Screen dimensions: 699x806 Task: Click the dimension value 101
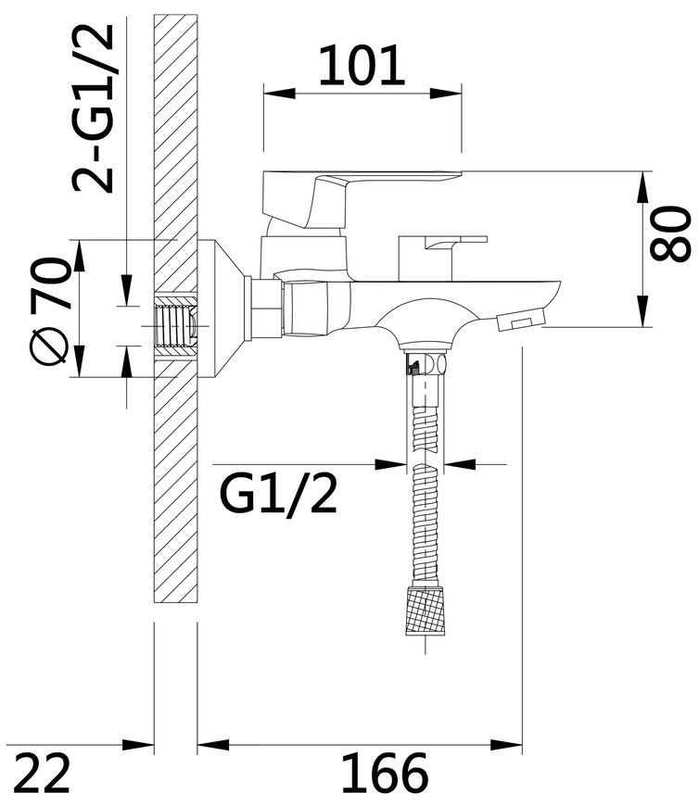pyautogui.click(x=362, y=65)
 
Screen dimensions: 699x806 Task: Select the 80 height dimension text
pyautogui.click(x=670, y=233)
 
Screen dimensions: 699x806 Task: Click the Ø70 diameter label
pyautogui.click(x=49, y=310)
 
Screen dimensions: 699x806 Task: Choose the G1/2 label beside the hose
pyautogui.click(x=278, y=493)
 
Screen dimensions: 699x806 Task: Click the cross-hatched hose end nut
pyautogui.click(x=425, y=610)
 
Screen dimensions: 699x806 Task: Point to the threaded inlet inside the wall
pyautogui.click(x=175, y=326)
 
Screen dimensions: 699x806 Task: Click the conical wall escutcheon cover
pyautogui.click(x=222, y=309)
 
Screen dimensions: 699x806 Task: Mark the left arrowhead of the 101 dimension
pyautogui.click(x=279, y=94)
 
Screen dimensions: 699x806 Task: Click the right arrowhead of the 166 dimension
pyautogui.click(x=506, y=744)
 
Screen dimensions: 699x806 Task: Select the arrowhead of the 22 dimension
pyautogui.click(x=138, y=744)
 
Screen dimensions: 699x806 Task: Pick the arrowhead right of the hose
pyautogui.click(x=459, y=464)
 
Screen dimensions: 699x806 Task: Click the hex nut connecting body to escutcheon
pyautogui.click(x=266, y=309)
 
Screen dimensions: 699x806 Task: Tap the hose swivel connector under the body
pyautogui.click(x=426, y=364)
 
